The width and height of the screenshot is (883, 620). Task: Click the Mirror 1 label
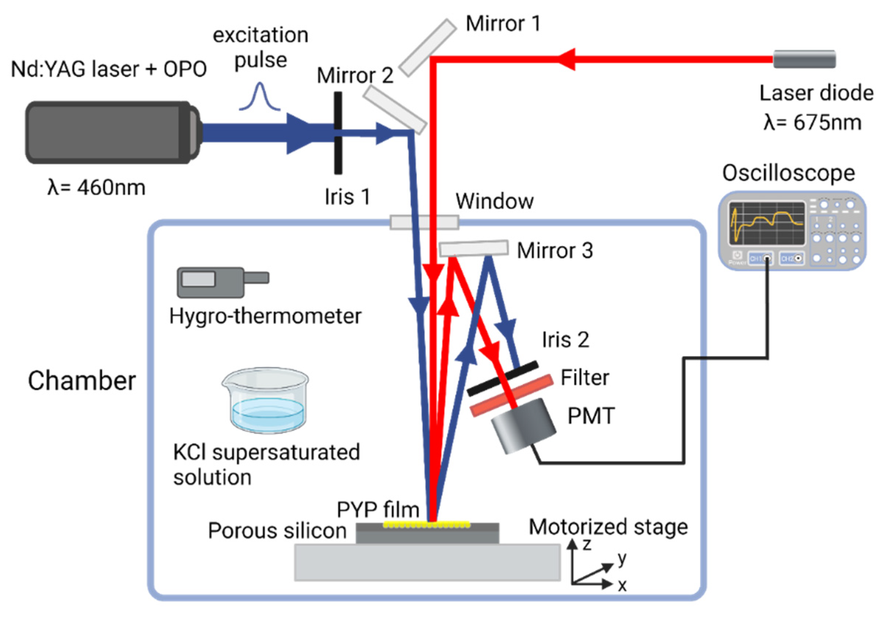[503, 24]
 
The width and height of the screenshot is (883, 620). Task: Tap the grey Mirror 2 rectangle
[395, 110]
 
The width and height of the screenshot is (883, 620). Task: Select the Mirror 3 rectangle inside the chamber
[473, 248]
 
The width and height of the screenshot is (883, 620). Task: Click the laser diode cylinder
[804, 59]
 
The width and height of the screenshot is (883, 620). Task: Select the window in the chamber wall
[424, 222]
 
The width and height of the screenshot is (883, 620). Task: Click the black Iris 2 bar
[502, 378]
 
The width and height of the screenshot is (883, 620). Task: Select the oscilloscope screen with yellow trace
[766, 224]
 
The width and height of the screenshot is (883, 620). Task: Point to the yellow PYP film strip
[426, 524]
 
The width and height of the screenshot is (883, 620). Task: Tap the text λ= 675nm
[812, 123]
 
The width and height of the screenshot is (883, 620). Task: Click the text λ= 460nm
[96, 188]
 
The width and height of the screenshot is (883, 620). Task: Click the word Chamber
[81, 381]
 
